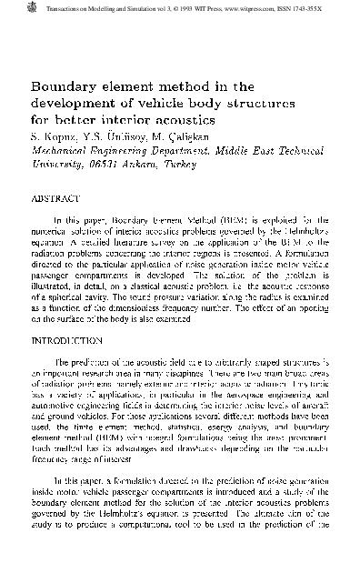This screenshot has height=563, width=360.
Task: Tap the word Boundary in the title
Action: (x=65, y=87)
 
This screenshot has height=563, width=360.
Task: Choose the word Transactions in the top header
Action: (x=37, y=5)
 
